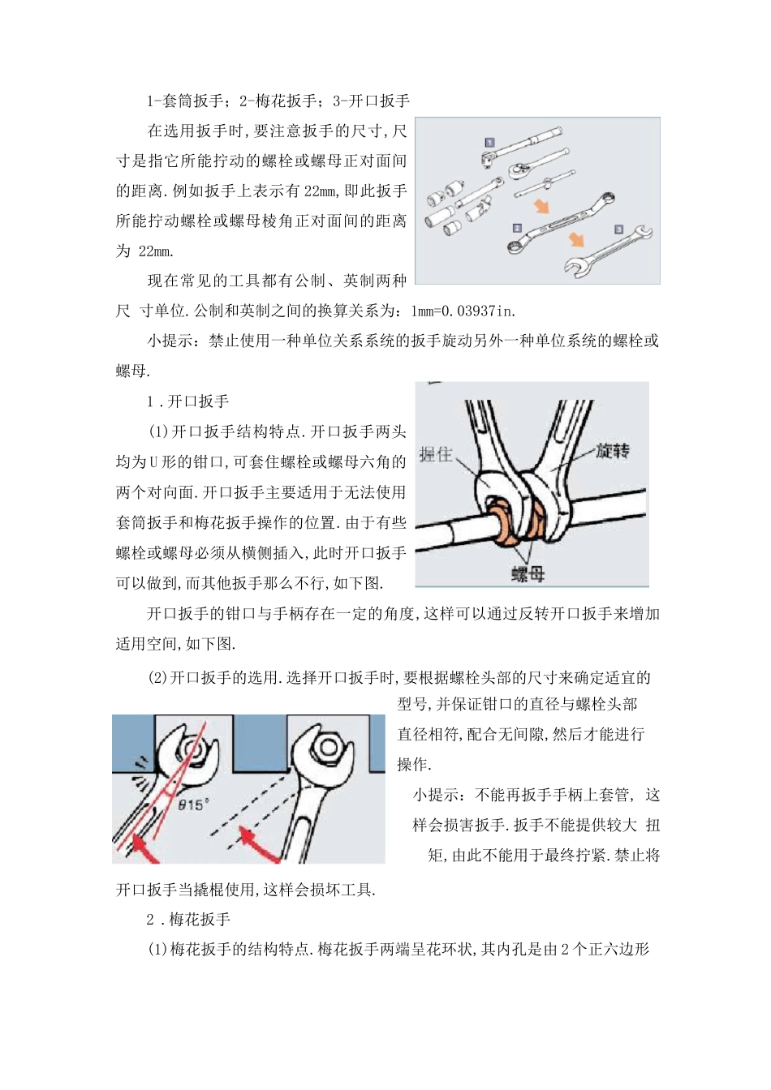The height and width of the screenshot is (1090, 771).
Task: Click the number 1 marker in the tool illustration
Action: click(489, 143)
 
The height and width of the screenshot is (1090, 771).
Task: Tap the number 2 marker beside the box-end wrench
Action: click(517, 229)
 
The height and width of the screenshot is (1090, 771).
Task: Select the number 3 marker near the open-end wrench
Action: click(618, 230)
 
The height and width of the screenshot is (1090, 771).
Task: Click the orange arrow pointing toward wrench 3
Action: click(576, 239)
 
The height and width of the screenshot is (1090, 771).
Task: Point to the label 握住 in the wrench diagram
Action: click(436, 455)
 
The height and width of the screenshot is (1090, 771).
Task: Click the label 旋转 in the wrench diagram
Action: click(614, 451)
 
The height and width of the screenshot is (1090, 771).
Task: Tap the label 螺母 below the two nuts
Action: click(528, 574)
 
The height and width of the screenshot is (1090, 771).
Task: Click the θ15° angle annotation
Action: click(193, 804)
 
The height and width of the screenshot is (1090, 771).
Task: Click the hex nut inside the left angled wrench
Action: click(191, 749)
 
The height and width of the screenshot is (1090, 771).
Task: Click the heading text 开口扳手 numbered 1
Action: click(198, 401)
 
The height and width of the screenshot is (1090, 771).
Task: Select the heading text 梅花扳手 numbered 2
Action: click(200, 919)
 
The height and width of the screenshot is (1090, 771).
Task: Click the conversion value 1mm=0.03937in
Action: click(463, 311)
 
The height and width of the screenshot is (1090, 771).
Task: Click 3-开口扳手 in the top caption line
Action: click(371, 101)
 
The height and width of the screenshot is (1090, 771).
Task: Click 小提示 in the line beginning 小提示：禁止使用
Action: click(170, 341)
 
